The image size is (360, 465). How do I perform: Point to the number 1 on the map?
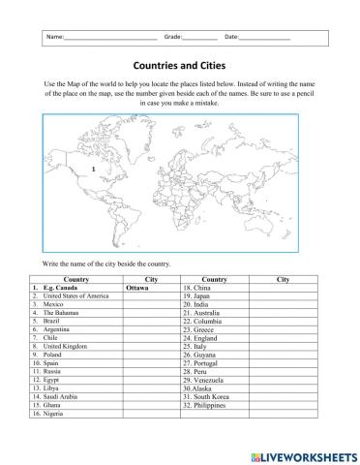(91, 170)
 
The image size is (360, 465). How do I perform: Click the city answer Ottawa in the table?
(137, 288)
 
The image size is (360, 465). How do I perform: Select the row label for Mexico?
(47, 305)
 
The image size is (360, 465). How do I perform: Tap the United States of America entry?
(69, 296)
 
